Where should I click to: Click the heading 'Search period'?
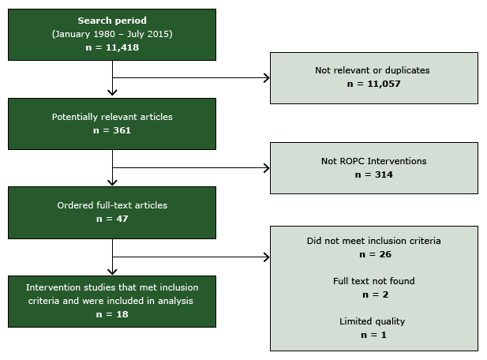coord(112,20)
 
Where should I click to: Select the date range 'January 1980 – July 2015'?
coord(112,33)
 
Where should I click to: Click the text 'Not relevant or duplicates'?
coord(373,70)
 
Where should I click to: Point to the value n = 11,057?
coord(373,84)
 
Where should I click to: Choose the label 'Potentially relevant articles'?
coord(112,117)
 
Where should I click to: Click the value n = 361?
coord(112,130)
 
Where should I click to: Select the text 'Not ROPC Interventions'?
coord(373,161)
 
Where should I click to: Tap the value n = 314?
coord(373,174)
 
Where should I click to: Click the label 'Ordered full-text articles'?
coord(112,205)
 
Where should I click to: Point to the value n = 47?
coord(112,219)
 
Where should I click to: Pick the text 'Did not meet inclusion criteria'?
coord(373,241)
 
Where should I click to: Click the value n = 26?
coord(373,254)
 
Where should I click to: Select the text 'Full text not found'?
coord(373,281)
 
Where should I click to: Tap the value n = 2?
coord(373,294)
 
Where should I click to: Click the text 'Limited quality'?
coord(373,321)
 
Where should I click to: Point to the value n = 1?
coord(373,335)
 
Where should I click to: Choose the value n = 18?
coord(112,313)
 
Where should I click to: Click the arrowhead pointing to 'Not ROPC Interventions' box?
coord(265,168)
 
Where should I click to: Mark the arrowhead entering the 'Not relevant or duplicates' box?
coord(265,78)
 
